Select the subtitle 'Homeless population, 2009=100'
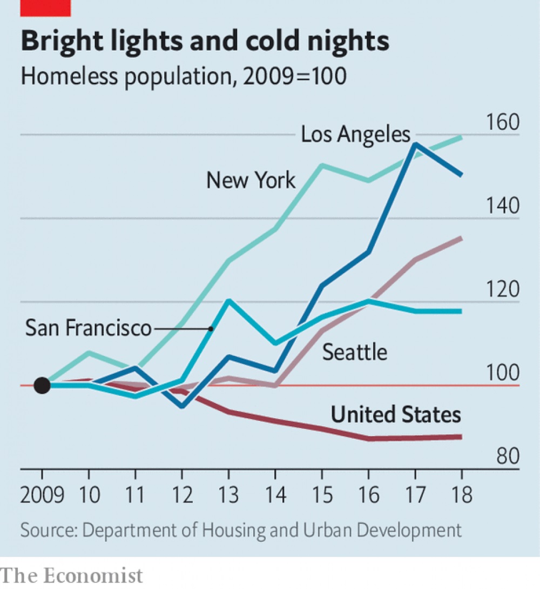coord(183,76)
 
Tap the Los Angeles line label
coord(355,134)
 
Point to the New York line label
coord(251,180)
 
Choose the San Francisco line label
coord(89,328)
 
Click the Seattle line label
coord(355,352)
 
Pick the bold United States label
coord(396,414)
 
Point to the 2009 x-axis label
coord(42,494)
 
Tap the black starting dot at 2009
coord(42,385)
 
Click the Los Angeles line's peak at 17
coord(415,144)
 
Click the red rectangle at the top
coord(45,7)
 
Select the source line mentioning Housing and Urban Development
coord(241,530)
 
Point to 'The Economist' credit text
coord(72,575)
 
